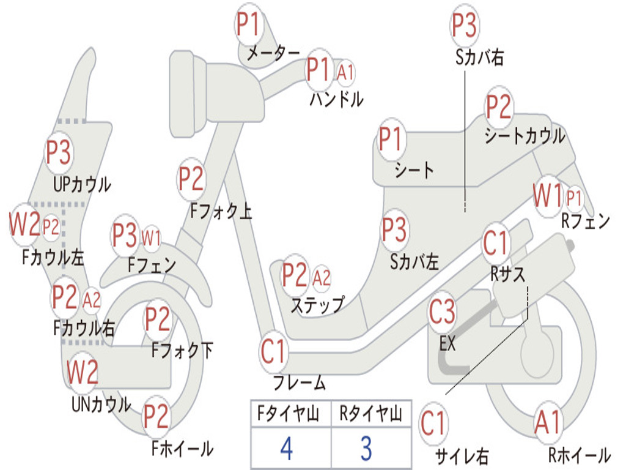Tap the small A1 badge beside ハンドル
(x=345, y=72)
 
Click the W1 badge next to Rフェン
(x=547, y=197)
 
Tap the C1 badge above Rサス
(x=496, y=243)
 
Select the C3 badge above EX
(x=442, y=312)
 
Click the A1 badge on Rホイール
(x=547, y=422)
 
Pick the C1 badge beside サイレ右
(x=433, y=423)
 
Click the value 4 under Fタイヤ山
(x=286, y=448)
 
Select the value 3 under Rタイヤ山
(x=366, y=448)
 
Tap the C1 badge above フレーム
(x=273, y=352)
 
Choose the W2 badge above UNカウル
(x=83, y=372)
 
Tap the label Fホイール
(x=182, y=449)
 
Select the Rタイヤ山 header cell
(x=370, y=415)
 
